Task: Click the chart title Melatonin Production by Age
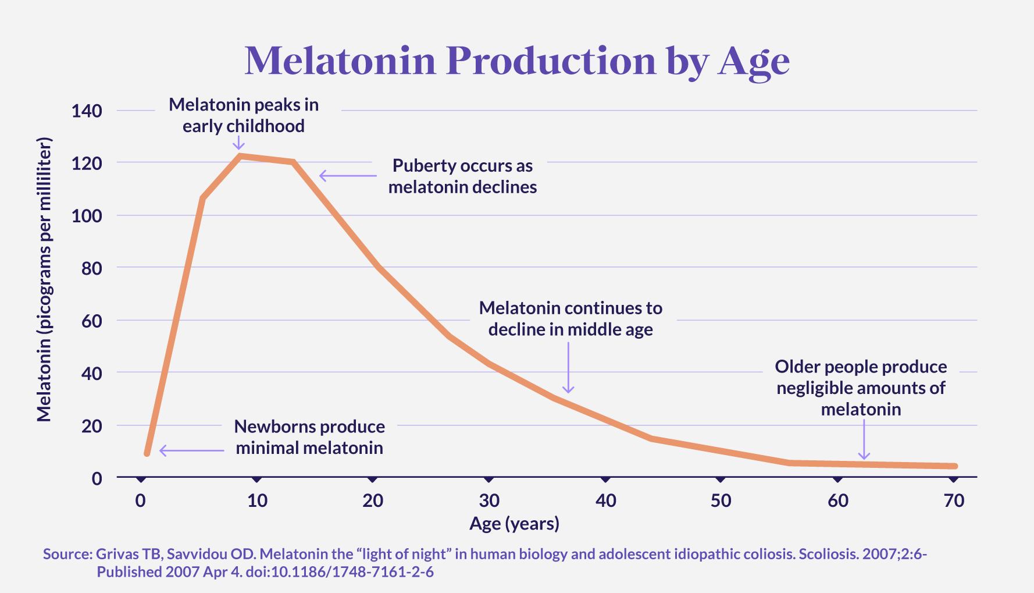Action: pos(517,61)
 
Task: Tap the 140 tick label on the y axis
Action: pos(87,111)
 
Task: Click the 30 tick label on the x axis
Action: pos(489,500)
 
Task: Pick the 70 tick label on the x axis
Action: pos(954,500)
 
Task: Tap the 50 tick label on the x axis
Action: pos(721,500)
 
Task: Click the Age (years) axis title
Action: pos(514,524)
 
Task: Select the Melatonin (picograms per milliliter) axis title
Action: pos(44,279)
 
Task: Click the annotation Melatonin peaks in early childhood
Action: pos(244,115)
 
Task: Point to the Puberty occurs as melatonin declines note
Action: pos(462,176)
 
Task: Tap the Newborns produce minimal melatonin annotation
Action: pos(309,437)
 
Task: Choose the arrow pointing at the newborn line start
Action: pos(191,450)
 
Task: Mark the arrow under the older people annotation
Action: pos(864,440)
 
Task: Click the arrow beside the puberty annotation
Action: pos(348,175)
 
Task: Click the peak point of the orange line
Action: pos(240,155)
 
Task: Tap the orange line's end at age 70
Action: pos(954,466)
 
